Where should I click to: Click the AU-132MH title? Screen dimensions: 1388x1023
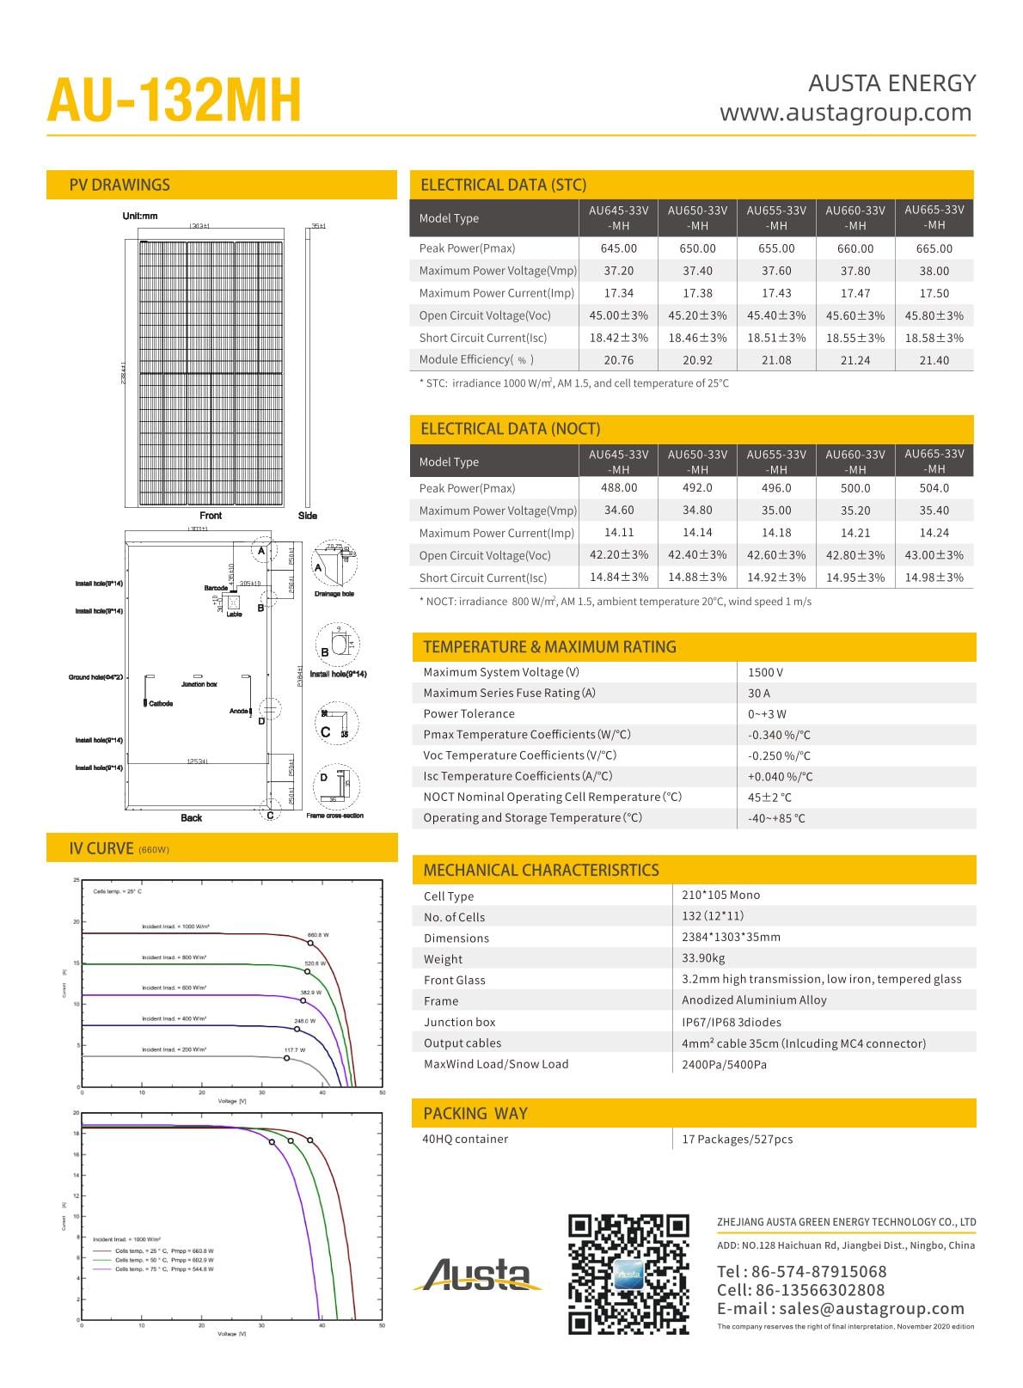click(175, 101)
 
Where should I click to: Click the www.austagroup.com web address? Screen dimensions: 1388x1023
click(846, 113)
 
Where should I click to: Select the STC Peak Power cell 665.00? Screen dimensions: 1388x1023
click(934, 248)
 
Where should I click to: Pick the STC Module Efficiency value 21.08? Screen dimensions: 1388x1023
click(776, 360)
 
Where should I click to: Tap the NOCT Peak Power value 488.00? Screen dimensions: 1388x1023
click(619, 487)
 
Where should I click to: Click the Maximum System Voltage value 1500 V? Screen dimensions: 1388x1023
click(765, 672)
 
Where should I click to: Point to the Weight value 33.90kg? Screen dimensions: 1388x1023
click(703, 957)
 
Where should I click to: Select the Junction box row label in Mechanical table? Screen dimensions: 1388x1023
click(459, 1022)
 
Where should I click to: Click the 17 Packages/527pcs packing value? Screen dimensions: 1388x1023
click(737, 1139)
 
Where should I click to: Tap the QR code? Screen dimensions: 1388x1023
click(628, 1274)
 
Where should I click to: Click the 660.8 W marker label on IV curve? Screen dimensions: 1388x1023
click(318, 934)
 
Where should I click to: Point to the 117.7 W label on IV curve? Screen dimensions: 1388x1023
click(295, 1049)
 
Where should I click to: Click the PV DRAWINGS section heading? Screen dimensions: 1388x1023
click(119, 185)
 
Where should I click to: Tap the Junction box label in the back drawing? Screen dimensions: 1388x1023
click(199, 684)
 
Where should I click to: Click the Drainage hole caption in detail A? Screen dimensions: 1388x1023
click(334, 594)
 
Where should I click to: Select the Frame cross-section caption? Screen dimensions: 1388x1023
click(334, 816)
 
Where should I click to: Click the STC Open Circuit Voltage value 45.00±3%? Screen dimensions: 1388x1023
click(619, 315)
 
